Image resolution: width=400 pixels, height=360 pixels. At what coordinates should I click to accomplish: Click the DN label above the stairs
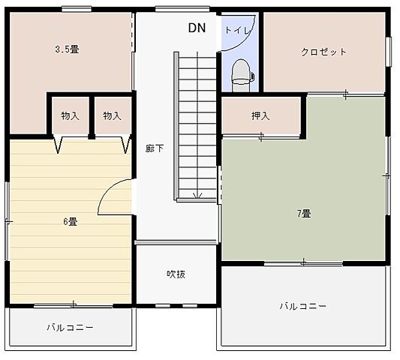click(197, 28)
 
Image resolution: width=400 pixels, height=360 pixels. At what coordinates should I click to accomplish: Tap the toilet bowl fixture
click(242, 73)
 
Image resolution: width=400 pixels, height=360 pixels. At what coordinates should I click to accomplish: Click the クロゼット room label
click(323, 52)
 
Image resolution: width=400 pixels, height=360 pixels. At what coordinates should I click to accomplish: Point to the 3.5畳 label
click(68, 49)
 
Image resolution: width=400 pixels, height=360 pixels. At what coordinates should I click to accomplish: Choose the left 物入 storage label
click(70, 115)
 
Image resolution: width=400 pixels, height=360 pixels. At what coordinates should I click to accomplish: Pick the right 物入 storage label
click(112, 115)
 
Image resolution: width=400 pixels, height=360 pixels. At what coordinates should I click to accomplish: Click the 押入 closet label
click(260, 116)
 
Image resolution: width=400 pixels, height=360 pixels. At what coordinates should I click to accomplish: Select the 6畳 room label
click(71, 221)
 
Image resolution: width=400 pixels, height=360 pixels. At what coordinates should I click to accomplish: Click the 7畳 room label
click(304, 213)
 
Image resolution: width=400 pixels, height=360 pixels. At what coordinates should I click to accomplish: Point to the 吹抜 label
click(176, 274)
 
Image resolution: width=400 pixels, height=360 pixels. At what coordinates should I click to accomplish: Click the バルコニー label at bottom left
click(70, 328)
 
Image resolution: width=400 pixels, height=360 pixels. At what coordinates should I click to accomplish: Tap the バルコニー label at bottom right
click(303, 306)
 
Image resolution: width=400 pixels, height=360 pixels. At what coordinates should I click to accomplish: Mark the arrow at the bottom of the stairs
click(197, 195)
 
